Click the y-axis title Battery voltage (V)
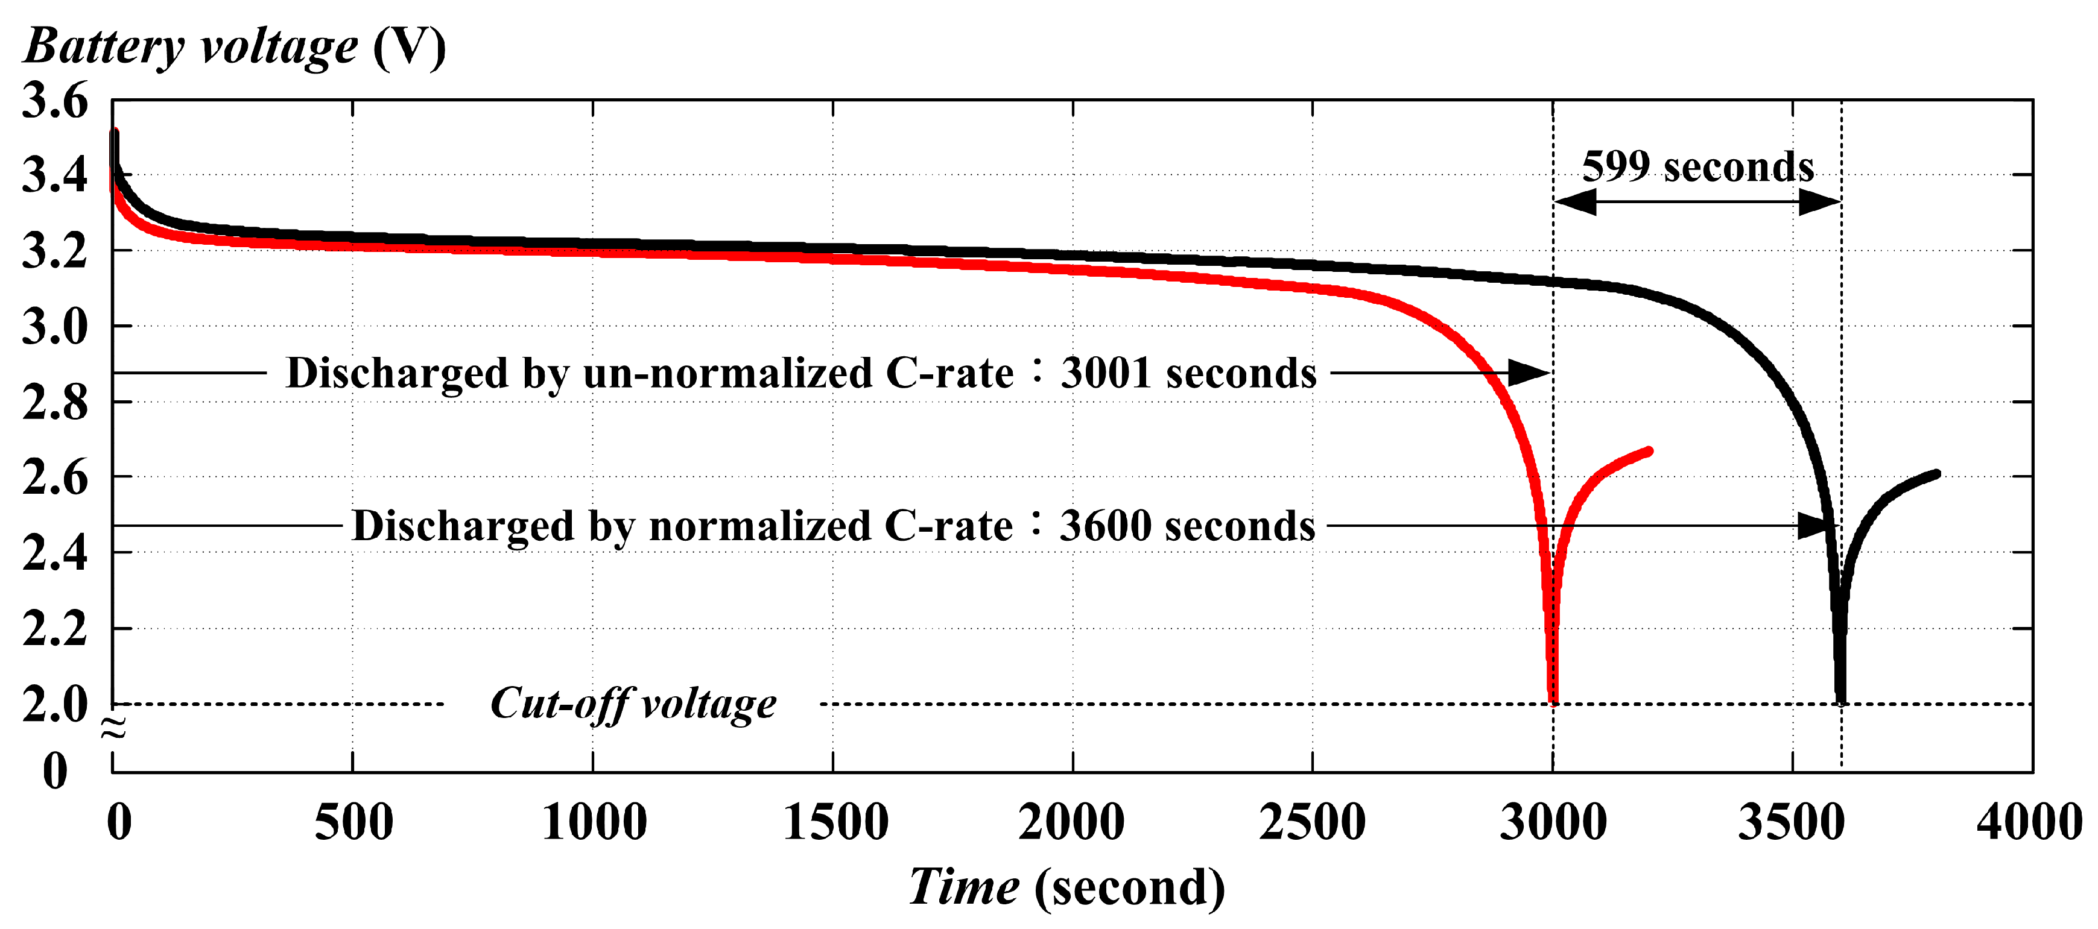click(x=235, y=46)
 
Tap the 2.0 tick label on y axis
click(x=54, y=704)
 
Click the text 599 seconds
click(x=1697, y=166)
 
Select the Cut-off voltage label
click(x=633, y=704)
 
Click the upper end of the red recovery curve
click(x=1649, y=451)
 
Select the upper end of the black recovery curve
click(x=1937, y=474)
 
